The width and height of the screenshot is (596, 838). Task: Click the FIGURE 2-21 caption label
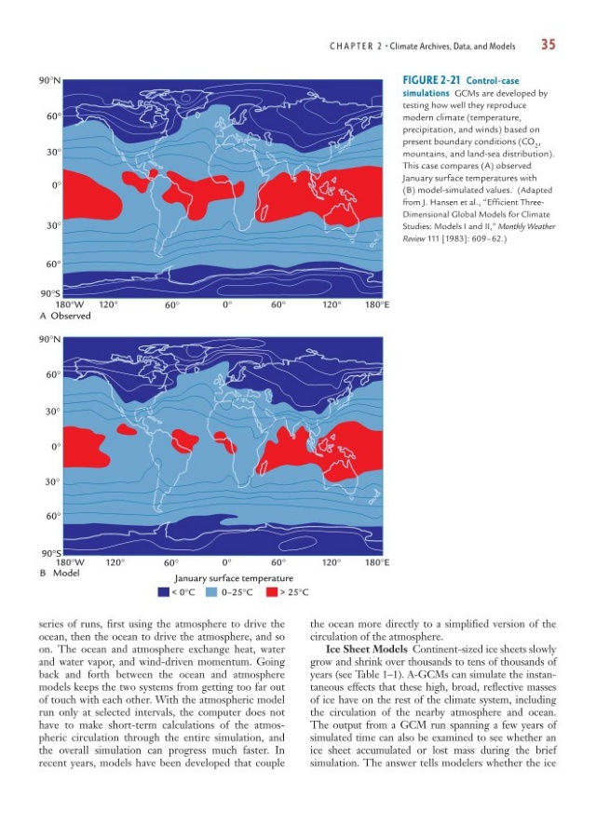(432, 82)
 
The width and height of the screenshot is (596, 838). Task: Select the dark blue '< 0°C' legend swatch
(163, 590)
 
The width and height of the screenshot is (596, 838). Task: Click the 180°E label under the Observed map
(376, 304)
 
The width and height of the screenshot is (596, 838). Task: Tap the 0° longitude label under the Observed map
(226, 304)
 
